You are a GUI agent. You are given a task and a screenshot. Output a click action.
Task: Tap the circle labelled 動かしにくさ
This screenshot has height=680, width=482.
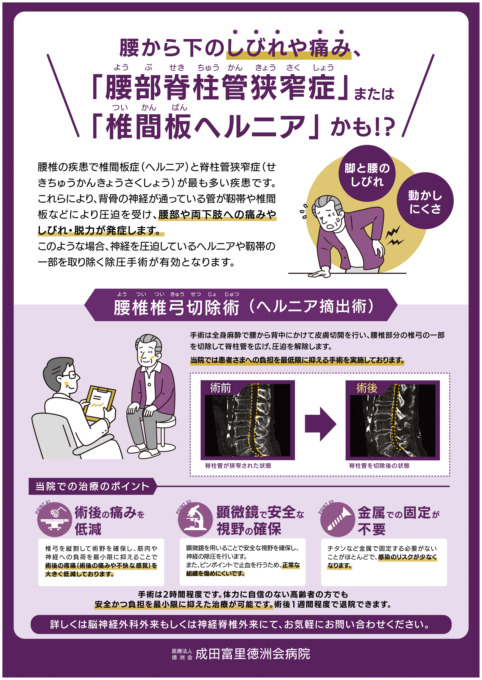(x=425, y=201)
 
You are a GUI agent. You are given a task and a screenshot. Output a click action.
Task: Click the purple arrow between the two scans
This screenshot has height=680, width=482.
(x=321, y=424)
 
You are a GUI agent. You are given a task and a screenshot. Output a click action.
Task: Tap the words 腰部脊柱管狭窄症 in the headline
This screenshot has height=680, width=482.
(x=220, y=87)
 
